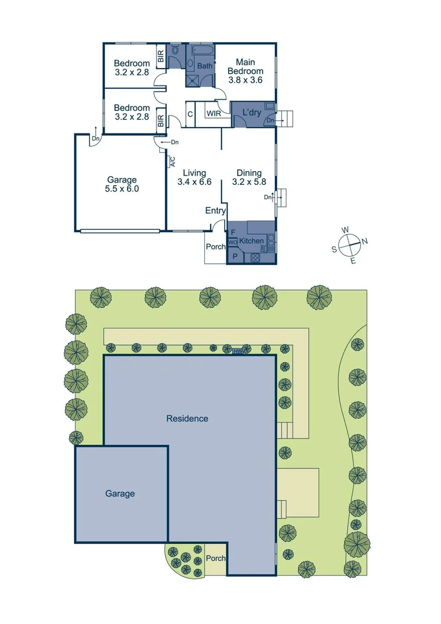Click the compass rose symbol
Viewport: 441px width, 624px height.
pos(349,245)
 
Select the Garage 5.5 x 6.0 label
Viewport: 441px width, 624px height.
pos(122,184)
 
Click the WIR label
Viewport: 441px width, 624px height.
pos(213,113)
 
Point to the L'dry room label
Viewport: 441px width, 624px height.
pos(251,112)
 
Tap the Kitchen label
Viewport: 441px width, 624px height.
pos(252,241)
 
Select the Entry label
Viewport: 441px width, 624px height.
pos(215,211)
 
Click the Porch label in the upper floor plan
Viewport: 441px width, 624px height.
pos(215,247)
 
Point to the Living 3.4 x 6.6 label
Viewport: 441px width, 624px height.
pos(195,177)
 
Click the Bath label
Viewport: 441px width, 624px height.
pos(205,66)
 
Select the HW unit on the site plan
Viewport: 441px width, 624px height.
pos(238,351)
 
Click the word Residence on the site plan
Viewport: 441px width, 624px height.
pos(187,418)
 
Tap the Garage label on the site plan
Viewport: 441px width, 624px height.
pos(120,493)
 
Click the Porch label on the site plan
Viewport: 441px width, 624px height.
pos(216,559)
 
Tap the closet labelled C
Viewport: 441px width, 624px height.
pos(190,114)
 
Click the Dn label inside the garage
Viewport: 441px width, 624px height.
pos(96,139)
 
